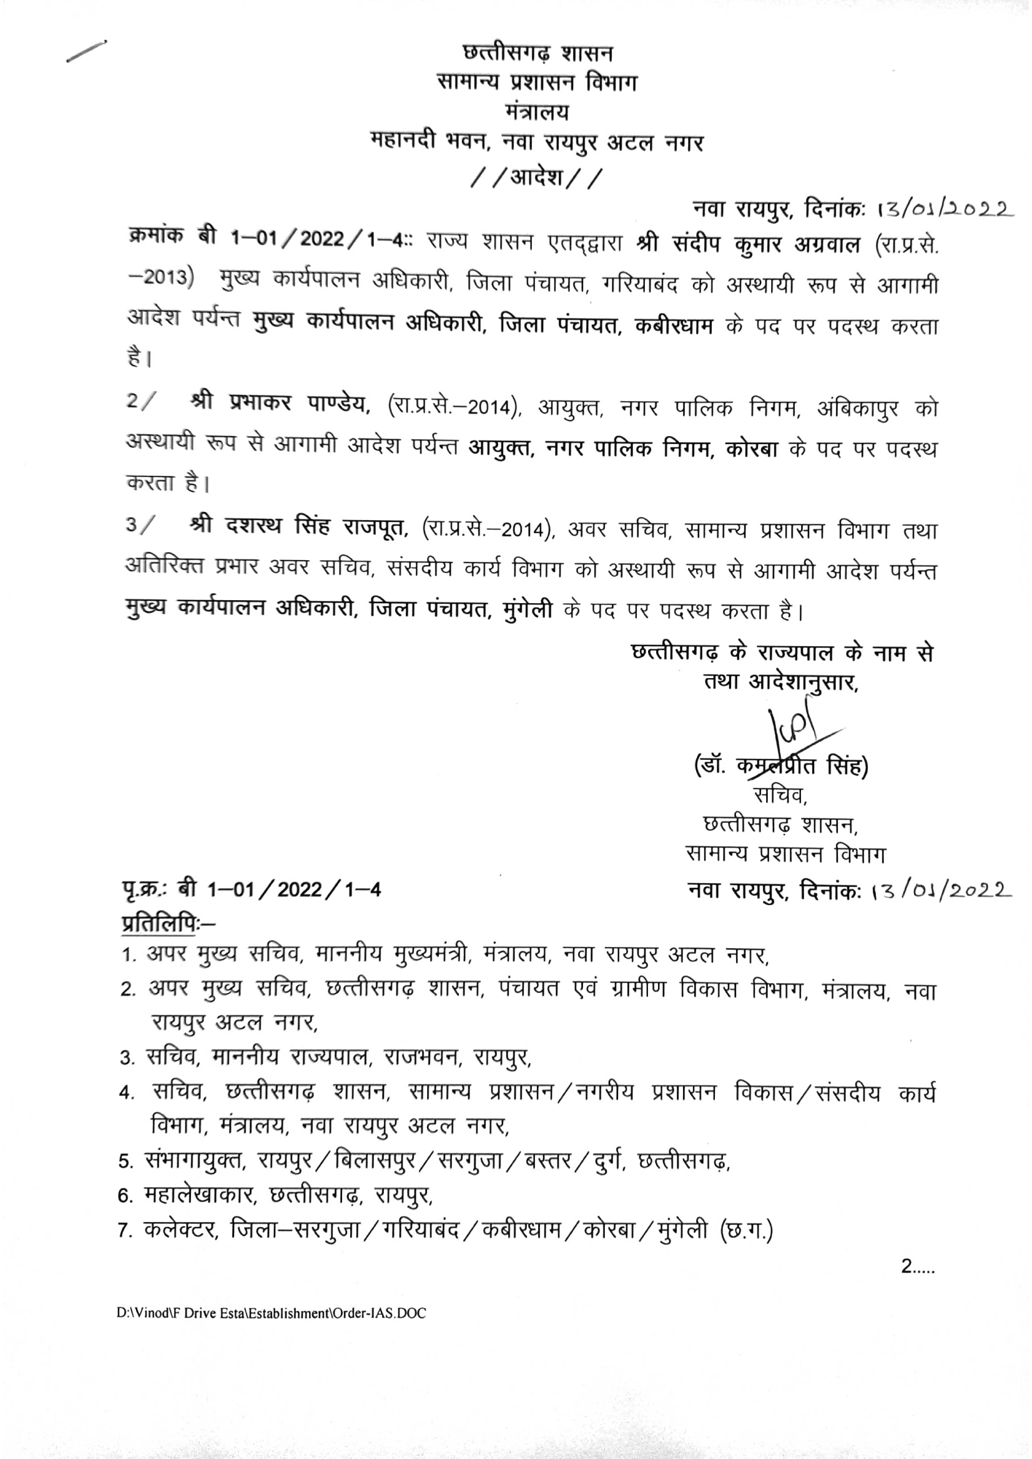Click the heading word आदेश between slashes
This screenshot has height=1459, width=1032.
click(537, 178)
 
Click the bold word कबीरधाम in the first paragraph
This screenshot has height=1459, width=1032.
click(674, 326)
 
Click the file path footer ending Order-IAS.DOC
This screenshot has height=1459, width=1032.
click(272, 1313)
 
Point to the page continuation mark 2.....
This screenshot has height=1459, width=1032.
click(917, 1266)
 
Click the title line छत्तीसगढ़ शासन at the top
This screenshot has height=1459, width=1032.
click(538, 54)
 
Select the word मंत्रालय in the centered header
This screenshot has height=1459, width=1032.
click(538, 112)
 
